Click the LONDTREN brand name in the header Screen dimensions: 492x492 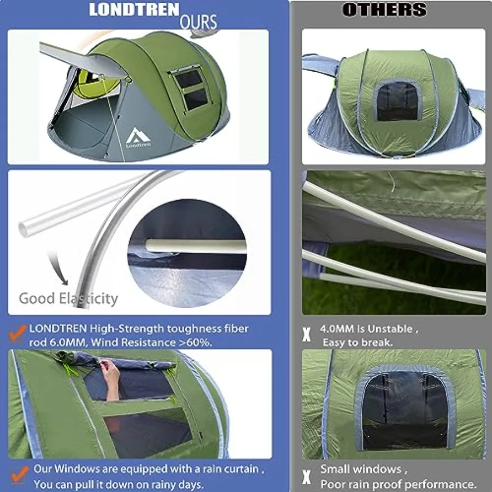click(134, 9)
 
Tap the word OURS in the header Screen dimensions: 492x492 click(198, 22)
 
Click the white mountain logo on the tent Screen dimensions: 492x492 click(134, 136)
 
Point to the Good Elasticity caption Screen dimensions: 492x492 click(68, 298)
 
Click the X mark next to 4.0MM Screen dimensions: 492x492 click(307, 335)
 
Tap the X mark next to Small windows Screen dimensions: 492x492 click(307, 477)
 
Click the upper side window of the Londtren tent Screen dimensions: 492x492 click(189, 79)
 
